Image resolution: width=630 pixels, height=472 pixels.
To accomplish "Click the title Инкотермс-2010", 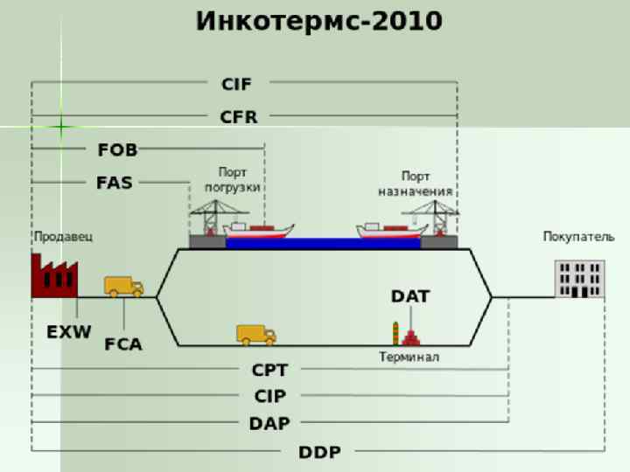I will point(319,21).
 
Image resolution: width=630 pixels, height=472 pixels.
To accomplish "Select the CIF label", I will point(236,84).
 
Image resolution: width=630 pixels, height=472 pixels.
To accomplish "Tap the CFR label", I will point(238,116).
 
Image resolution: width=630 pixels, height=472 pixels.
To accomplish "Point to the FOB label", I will point(117,149).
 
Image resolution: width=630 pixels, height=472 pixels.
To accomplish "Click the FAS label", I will point(115,183).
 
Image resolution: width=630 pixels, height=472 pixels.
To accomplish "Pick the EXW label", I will point(68,332).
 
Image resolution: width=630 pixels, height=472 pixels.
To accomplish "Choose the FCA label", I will point(123,344).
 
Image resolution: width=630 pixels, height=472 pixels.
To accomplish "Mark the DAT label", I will point(410,296).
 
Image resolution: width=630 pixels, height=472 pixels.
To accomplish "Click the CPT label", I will point(269,371).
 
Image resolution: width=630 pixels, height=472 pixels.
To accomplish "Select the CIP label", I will point(269,396).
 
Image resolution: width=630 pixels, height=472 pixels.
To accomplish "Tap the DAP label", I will point(269,423).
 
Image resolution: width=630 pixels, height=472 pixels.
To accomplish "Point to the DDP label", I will point(319,452).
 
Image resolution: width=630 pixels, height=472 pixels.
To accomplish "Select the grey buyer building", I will point(578,279).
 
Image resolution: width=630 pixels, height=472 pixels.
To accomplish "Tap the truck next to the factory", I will point(123,286).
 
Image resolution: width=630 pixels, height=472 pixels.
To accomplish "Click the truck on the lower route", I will point(255,334).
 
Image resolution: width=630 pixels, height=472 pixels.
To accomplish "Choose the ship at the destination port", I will point(390,231).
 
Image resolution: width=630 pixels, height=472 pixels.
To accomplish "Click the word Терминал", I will point(409,357).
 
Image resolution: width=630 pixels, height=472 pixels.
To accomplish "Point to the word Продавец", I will point(63,236).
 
